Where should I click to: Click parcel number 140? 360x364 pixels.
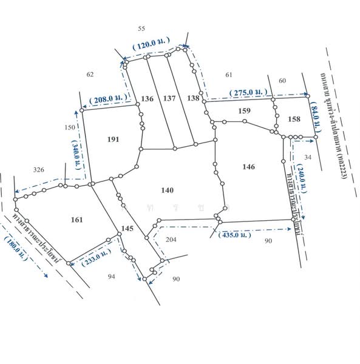[168, 190]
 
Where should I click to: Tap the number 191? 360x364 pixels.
[112, 140]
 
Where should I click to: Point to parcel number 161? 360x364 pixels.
[77, 219]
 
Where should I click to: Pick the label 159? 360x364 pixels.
[244, 110]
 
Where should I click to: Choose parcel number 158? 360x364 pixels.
[294, 119]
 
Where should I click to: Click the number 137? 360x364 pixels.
[169, 98]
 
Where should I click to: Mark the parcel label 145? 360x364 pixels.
[126, 228]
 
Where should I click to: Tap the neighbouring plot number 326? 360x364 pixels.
[39, 169]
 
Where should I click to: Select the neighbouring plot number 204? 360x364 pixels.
[171, 240]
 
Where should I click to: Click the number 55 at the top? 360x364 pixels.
[141, 29]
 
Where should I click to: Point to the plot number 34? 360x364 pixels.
[307, 158]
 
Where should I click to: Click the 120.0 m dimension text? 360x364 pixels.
[151, 45]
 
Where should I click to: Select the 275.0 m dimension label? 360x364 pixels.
[249, 92]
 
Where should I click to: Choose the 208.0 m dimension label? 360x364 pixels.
[108, 98]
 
